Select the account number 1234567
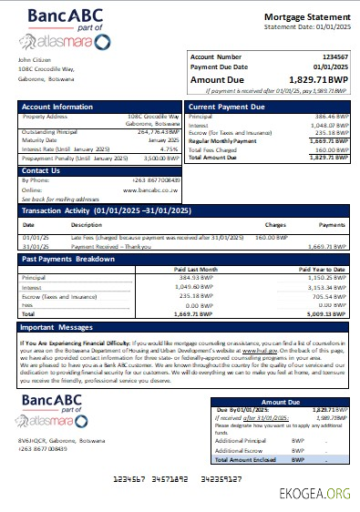332,57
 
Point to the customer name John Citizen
35,61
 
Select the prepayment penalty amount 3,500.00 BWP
159,157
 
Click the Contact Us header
41,170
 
